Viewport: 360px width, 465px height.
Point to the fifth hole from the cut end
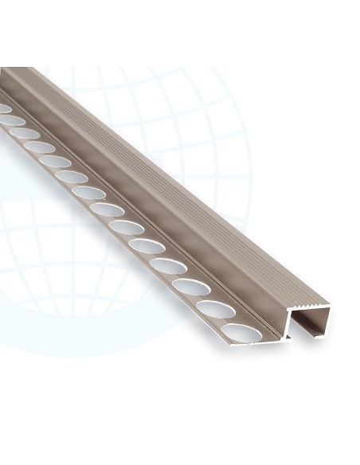[147, 246]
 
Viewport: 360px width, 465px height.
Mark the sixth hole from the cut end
[127, 228]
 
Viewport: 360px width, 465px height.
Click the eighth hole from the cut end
[88, 192]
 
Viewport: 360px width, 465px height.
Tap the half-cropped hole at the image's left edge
[3, 107]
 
